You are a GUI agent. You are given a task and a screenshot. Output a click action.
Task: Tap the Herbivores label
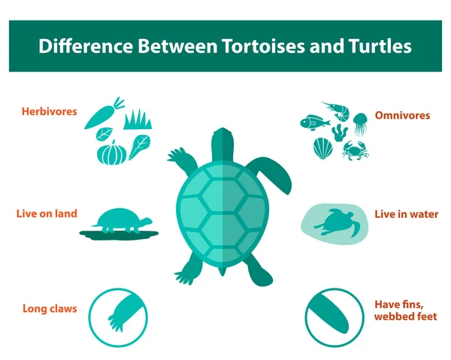(49, 111)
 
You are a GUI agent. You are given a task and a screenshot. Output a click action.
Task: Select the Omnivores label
(401, 115)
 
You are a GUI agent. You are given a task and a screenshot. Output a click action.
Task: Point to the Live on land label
(47, 213)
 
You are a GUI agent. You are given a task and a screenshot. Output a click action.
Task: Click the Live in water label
(407, 214)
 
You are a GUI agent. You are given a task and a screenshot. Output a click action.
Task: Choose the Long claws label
(50, 308)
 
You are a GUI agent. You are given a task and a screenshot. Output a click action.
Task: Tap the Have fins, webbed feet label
(406, 310)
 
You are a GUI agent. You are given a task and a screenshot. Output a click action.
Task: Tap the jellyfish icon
(360, 123)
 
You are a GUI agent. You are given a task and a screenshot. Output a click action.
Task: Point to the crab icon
(354, 152)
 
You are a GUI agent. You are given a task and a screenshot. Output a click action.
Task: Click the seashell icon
(322, 147)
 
